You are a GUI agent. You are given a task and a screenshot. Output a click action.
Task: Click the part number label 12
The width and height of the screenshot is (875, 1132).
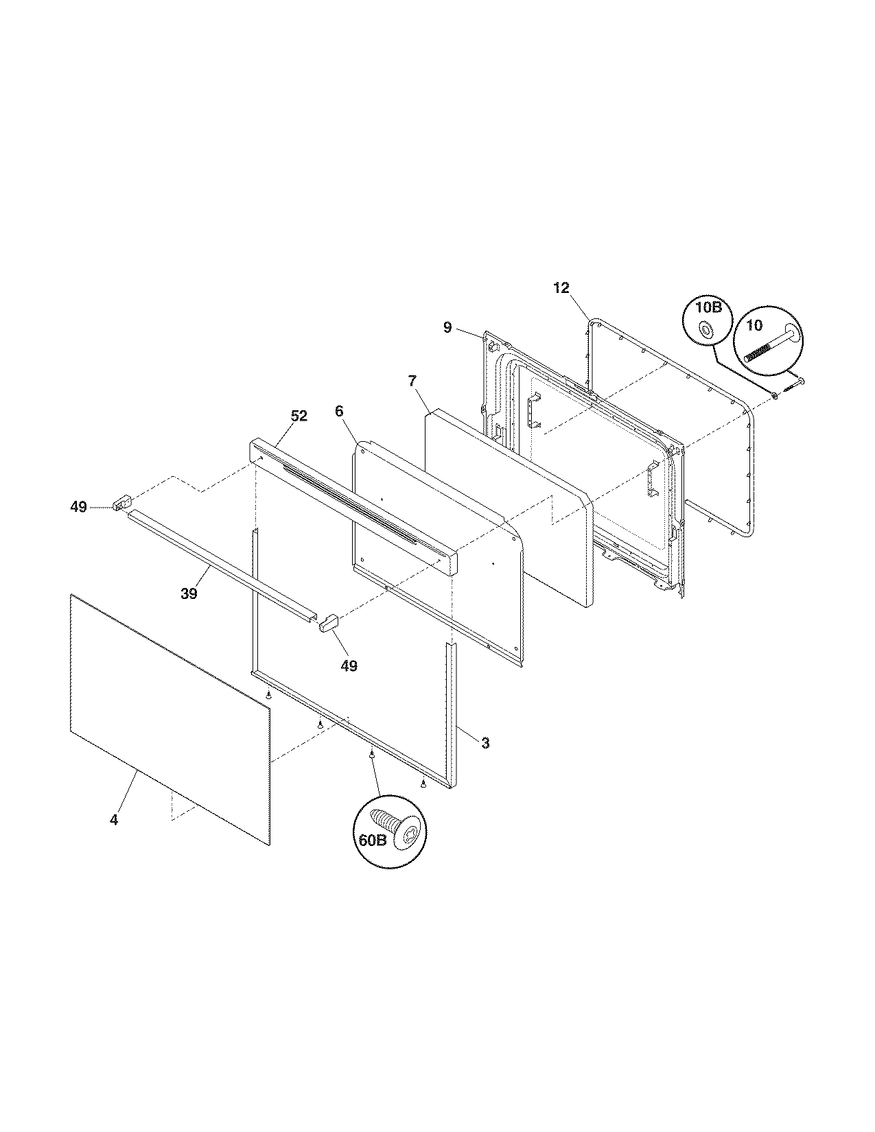point(561,288)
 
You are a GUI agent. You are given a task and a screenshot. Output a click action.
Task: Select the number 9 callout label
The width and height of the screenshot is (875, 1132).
point(447,327)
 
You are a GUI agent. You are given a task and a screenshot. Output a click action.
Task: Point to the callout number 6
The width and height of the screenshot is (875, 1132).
point(339,411)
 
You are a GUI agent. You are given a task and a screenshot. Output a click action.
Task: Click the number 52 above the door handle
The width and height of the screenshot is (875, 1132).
point(299,416)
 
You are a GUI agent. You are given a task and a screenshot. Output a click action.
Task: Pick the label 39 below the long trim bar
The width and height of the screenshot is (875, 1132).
point(189,593)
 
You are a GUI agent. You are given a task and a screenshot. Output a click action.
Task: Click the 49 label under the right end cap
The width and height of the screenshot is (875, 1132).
point(349,665)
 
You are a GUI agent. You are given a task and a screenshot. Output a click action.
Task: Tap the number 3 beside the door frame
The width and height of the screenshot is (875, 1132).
point(485,742)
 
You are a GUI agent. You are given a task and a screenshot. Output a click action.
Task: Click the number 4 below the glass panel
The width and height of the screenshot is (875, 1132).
point(114,819)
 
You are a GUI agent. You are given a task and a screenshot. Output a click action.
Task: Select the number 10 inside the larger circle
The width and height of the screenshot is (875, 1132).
point(754,325)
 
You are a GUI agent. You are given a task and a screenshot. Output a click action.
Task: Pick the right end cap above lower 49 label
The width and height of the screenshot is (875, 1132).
point(330,623)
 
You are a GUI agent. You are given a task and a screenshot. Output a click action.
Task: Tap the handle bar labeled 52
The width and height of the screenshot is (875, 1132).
point(350,504)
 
